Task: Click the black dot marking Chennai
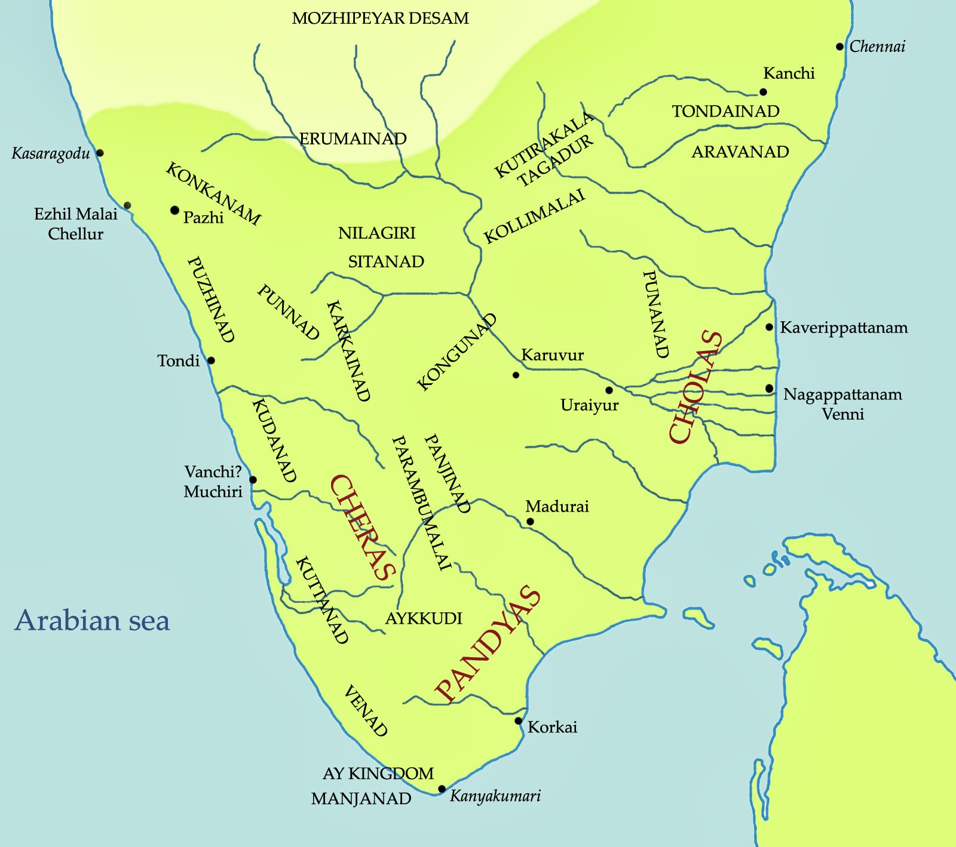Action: point(839,47)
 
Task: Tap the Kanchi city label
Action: point(789,73)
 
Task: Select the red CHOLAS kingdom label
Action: point(696,387)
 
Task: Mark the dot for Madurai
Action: point(530,522)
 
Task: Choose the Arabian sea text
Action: point(93,621)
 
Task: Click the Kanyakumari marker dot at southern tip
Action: point(442,789)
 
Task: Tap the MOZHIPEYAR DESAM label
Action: point(380,19)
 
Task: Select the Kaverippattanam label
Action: point(844,328)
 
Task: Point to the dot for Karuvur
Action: point(516,375)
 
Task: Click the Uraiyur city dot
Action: point(609,390)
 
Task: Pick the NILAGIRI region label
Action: point(376,233)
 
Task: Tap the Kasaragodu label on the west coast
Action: point(51,154)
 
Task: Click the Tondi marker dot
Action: point(211,361)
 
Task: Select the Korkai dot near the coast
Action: point(519,721)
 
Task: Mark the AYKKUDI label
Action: point(424,618)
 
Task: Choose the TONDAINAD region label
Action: point(725,112)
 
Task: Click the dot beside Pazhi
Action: point(174,210)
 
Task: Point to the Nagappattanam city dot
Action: point(769,389)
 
